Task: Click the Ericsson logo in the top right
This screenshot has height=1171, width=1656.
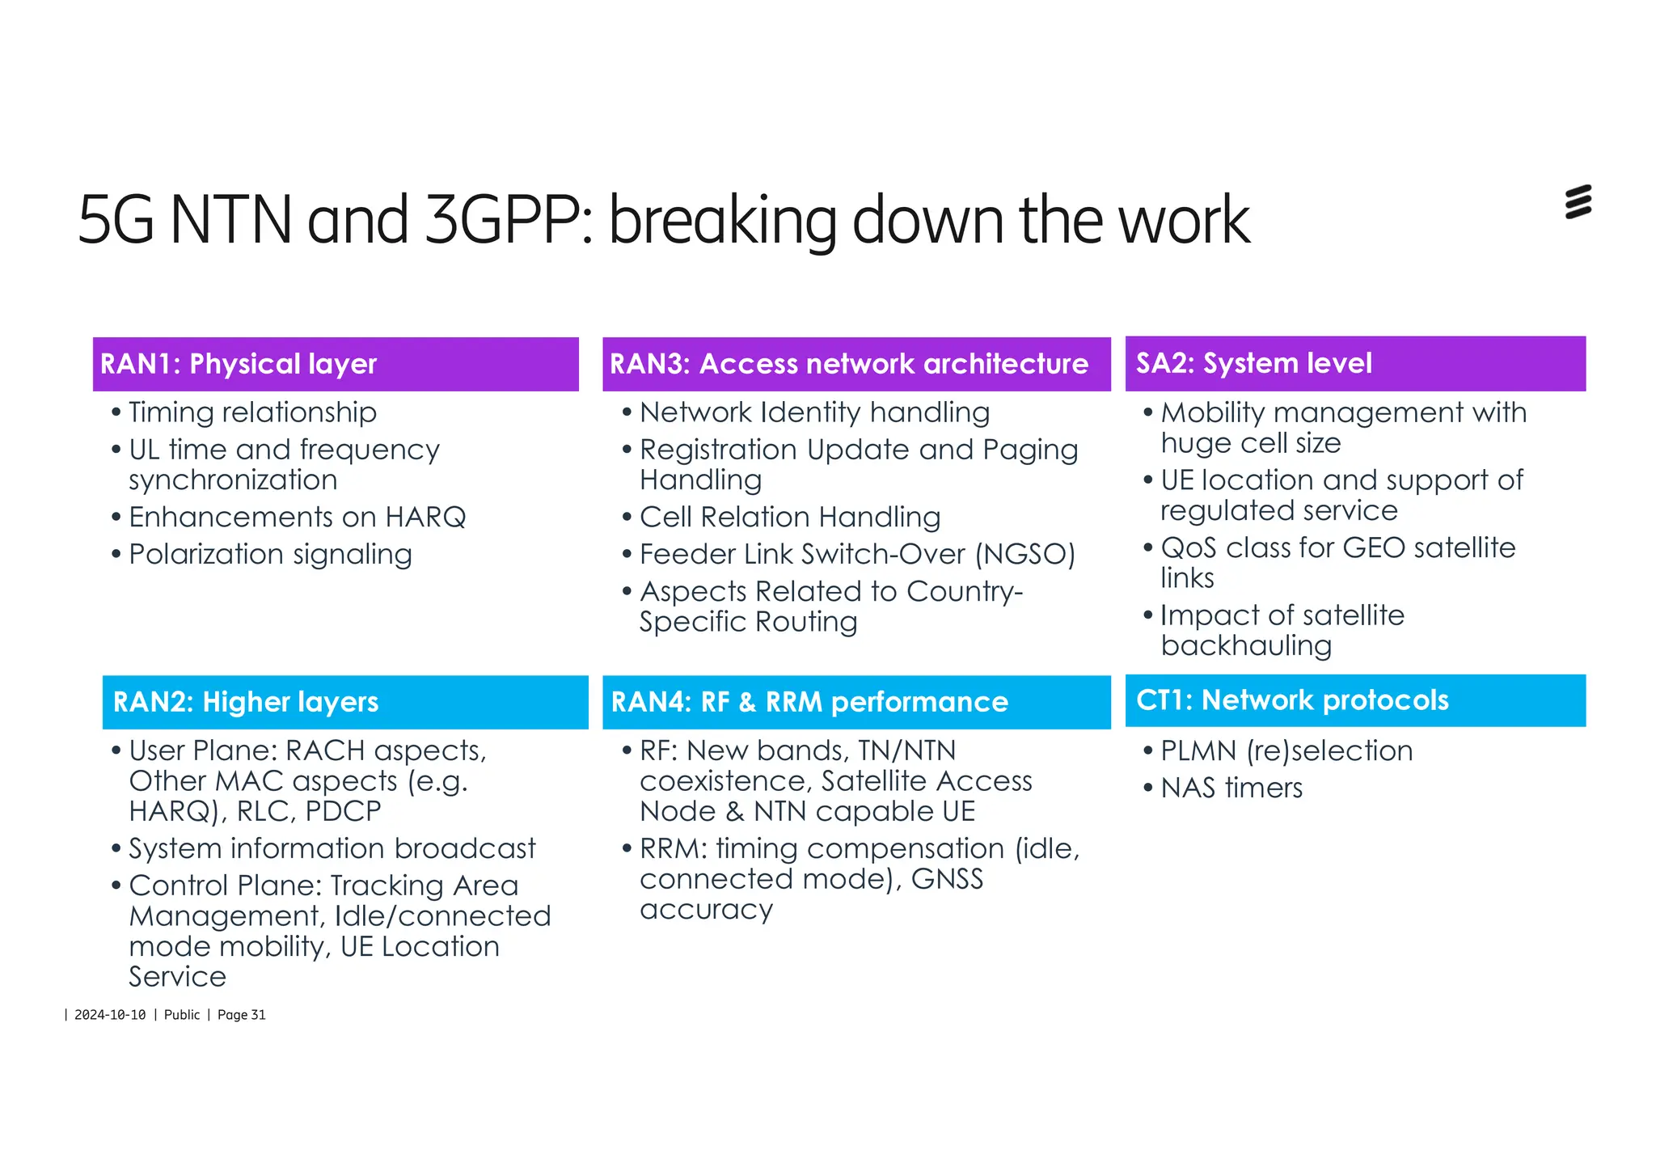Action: [x=1578, y=202]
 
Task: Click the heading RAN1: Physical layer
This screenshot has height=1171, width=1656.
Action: [x=239, y=364]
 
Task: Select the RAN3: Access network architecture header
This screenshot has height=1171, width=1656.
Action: [x=848, y=364]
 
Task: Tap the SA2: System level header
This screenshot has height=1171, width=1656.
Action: [x=1253, y=363]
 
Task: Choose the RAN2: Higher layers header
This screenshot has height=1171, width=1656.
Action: [x=246, y=702]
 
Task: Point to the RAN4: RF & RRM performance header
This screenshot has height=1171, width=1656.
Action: [x=809, y=702]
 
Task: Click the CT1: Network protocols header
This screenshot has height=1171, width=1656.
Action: [x=1291, y=700]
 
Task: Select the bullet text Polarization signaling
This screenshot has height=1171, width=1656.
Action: [x=270, y=555]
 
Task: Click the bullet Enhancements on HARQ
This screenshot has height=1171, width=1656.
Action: [x=297, y=518]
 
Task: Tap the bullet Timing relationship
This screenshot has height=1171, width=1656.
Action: [x=252, y=413]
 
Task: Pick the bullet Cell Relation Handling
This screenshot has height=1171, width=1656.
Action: [x=790, y=518]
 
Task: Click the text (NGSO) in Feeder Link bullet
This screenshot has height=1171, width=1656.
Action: [x=1024, y=555]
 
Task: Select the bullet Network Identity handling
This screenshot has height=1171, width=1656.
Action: [x=814, y=413]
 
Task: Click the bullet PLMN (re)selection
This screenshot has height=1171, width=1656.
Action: [x=1286, y=751]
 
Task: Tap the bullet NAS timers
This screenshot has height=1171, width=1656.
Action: [x=1231, y=788]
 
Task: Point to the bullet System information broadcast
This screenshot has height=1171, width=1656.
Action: [x=332, y=849]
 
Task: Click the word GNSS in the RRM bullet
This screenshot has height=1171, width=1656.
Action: [x=947, y=879]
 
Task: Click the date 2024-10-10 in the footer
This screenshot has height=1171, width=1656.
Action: [x=110, y=1015]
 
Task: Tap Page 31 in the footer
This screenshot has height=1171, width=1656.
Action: [x=241, y=1015]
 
